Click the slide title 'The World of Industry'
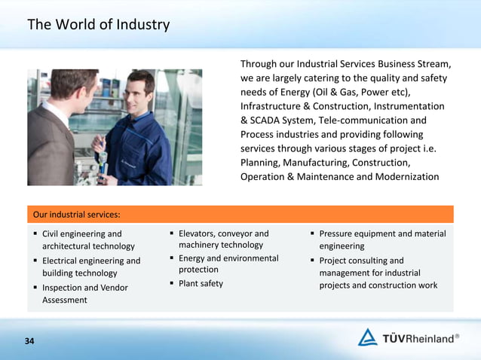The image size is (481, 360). [x=98, y=25]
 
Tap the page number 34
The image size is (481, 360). [x=29, y=341]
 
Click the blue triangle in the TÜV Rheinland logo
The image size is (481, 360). [x=367, y=337]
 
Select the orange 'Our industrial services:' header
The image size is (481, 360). [x=75, y=215]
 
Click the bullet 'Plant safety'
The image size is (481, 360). [x=201, y=283]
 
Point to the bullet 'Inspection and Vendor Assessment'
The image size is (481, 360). [x=84, y=294]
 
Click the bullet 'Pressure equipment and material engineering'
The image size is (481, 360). [x=382, y=239]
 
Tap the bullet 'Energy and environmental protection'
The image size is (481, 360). [x=228, y=264]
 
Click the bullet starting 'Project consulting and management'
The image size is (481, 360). [x=378, y=273]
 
